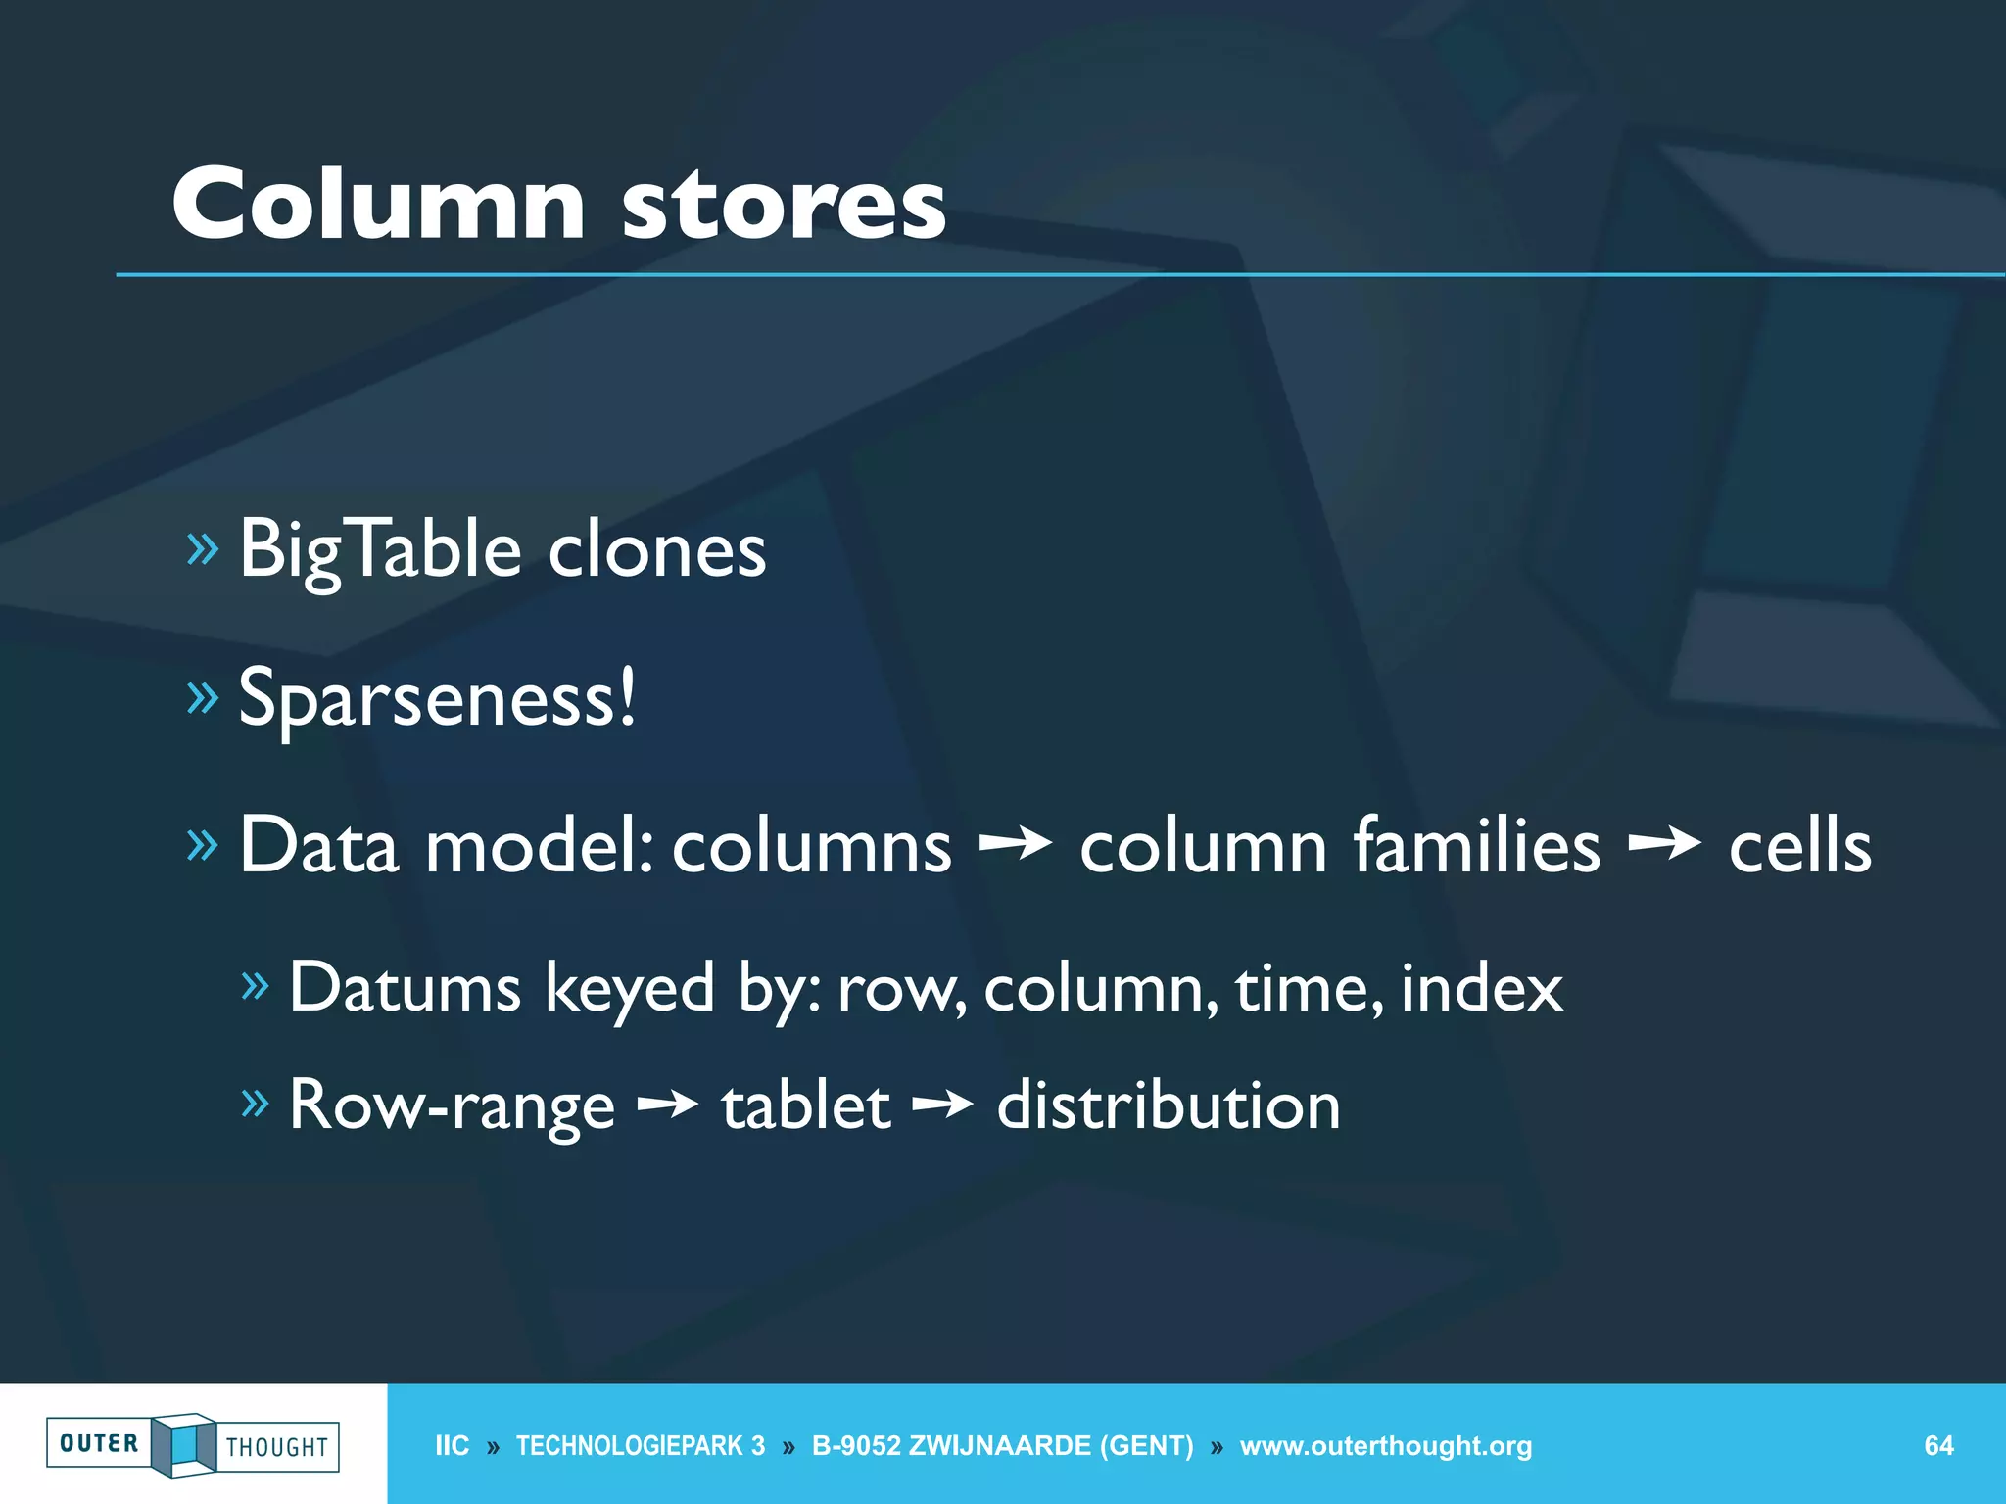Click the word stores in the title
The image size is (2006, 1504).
tap(784, 206)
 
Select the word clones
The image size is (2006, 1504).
tap(656, 550)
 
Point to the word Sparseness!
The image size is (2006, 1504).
tap(437, 698)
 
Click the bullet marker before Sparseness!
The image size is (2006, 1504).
tap(202, 697)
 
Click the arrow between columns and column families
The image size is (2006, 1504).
tap(1015, 842)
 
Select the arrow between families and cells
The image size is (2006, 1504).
tap(1664, 842)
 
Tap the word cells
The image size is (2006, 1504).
tap(1799, 844)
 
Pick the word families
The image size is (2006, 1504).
tap(1476, 844)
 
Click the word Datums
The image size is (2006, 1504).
tap(405, 987)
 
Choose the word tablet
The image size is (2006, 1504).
tap(805, 1106)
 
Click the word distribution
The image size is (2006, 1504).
tap(1168, 1106)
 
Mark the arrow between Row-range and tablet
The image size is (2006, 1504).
tap(667, 1105)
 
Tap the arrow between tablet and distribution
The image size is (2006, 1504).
tap(942, 1105)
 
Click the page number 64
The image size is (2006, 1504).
tap(1938, 1445)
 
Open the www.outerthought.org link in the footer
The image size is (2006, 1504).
tap(1385, 1445)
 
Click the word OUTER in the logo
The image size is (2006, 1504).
tap(99, 1443)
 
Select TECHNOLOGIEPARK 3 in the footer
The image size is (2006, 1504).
tap(641, 1445)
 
